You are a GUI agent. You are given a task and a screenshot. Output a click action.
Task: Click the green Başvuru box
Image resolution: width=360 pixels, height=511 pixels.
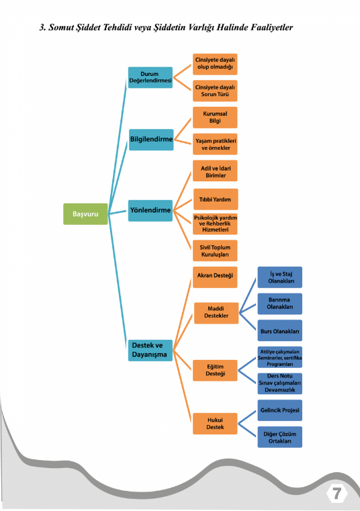tap(85, 214)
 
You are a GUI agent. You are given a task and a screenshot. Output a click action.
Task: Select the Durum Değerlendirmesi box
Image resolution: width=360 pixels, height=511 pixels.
tap(150, 78)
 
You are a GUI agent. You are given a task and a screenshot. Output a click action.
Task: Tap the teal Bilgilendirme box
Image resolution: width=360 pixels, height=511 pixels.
tap(151, 140)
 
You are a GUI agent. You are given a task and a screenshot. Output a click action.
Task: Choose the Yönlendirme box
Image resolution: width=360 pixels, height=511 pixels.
tap(150, 211)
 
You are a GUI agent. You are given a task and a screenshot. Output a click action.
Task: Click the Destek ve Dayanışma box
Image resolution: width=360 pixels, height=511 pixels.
tap(150, 351)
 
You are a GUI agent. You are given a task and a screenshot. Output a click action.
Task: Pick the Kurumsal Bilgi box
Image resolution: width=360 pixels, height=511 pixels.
tap(215, 118)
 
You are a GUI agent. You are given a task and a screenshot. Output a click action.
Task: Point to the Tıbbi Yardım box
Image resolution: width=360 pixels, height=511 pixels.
tap(216, 199)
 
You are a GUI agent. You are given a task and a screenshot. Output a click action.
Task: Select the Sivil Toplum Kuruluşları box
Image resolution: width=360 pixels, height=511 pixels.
tap(215, 250)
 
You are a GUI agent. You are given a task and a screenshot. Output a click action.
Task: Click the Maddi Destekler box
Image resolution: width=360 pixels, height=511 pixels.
tap(216, 313)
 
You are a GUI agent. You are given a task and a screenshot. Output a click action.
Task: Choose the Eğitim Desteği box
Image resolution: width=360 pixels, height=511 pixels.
tap(215, 371)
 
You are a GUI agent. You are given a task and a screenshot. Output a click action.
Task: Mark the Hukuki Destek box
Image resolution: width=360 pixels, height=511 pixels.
tap(215, 424)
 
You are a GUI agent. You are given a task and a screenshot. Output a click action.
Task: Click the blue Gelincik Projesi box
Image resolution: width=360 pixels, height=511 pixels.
tap(280, 410)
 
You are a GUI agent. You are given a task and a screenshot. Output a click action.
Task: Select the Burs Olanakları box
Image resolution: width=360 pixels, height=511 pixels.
tap(280, 330)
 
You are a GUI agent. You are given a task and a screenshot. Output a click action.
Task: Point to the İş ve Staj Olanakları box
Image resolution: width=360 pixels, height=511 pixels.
tap(280, 277)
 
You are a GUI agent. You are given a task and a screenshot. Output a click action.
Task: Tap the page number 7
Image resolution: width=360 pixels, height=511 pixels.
tap(336, 494)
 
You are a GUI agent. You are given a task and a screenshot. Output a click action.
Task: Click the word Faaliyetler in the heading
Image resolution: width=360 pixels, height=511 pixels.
tap(271, 28)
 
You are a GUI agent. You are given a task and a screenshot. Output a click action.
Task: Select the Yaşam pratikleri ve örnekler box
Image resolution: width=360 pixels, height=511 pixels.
tap(215, 144)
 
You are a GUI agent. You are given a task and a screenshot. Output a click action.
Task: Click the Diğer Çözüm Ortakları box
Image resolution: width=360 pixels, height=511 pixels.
tap(280, 437)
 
